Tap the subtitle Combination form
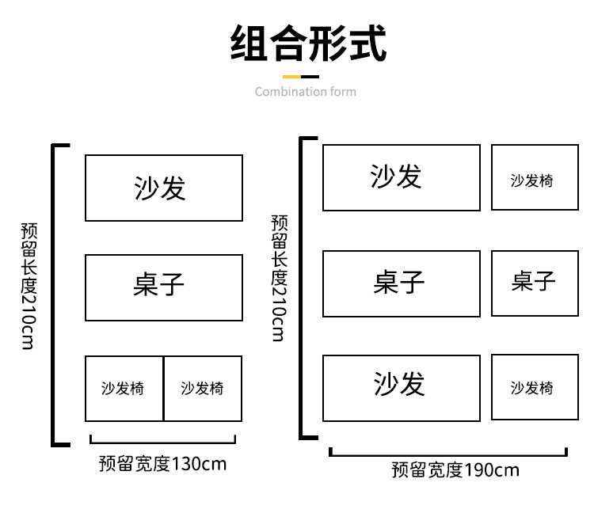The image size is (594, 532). coord(305,92)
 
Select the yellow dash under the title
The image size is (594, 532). coord(292,77)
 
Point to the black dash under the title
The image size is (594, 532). coord(310,77)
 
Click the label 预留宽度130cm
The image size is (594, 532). coord(162,464)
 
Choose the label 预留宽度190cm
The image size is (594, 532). coord(455,469)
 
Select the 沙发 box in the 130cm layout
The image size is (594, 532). coord(163,188)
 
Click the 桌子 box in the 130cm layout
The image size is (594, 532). coord(163,287)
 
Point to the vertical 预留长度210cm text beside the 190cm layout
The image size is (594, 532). coord(278,277)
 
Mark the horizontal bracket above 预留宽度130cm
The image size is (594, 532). coord(163,440)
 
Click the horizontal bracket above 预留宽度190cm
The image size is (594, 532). coord(448,453)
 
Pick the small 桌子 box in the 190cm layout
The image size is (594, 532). coord(535,283)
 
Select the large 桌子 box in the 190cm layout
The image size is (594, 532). coord(401,283)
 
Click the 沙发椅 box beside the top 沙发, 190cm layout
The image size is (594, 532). coord(535,177)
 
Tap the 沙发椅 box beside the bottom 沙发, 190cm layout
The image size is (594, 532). coord(535,387)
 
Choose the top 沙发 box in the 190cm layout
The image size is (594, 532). coord(401,177)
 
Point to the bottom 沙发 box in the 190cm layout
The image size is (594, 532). coord(401,388)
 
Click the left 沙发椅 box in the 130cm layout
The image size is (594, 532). coord(124,389)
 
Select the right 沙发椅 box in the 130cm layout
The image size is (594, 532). coord(203,389)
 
